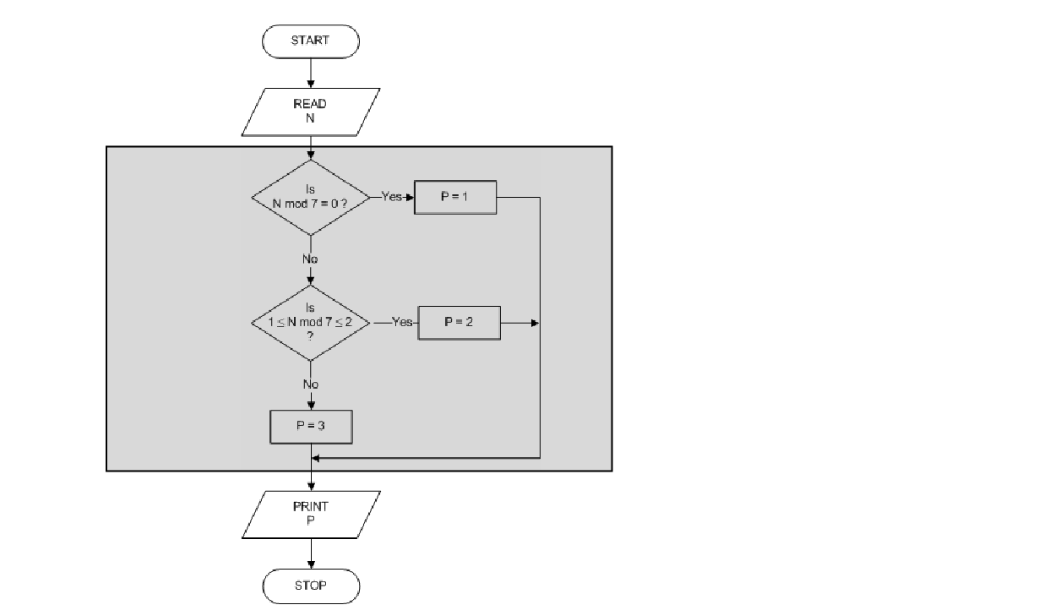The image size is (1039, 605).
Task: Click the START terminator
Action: [311, 41]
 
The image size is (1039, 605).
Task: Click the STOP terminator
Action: [311, 586]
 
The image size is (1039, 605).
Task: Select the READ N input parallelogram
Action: [311, 112]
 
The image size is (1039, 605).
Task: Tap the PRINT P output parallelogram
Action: [311, 514]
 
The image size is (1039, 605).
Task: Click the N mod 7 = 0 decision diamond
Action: [311, 198]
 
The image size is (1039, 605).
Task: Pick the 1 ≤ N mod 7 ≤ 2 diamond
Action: [311, 323]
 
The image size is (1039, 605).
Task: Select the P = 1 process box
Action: [455, 197]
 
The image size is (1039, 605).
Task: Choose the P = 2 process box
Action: [459, 323]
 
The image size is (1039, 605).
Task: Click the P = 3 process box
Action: [311, 427]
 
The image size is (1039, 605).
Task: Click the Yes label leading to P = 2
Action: [402, 323]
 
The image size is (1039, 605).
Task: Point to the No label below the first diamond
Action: [311, 259]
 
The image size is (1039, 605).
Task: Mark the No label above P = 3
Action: [311, 384]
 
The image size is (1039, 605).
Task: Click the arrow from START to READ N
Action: [311, 73]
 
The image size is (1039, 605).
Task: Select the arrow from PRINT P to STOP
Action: [311, 553]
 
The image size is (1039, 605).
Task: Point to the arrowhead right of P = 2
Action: [536, 323]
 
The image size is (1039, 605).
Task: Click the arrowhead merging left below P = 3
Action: [317, 457]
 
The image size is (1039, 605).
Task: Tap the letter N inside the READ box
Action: [310, 119]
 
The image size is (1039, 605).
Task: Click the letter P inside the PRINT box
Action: [310, 521]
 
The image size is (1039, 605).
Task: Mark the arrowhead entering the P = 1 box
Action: [410, 197]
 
